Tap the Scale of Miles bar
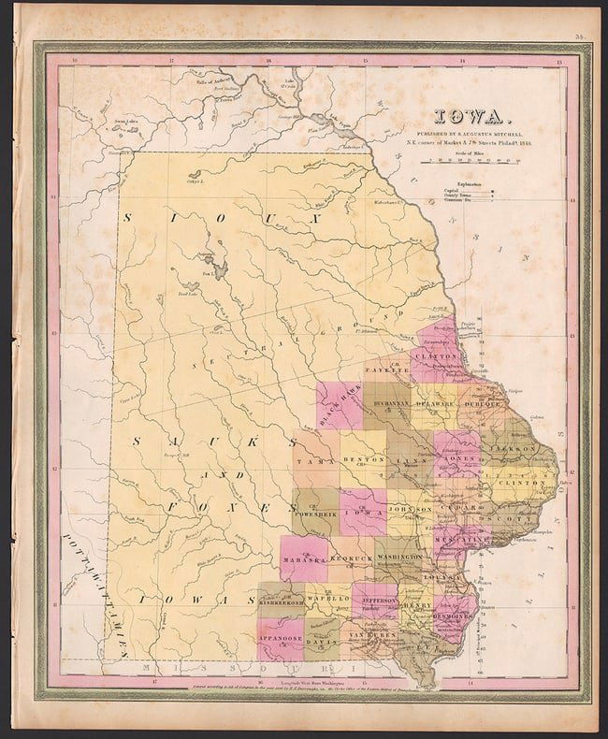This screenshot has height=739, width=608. (x=470, y=160)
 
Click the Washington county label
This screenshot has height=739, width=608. (x=402, y=556)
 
